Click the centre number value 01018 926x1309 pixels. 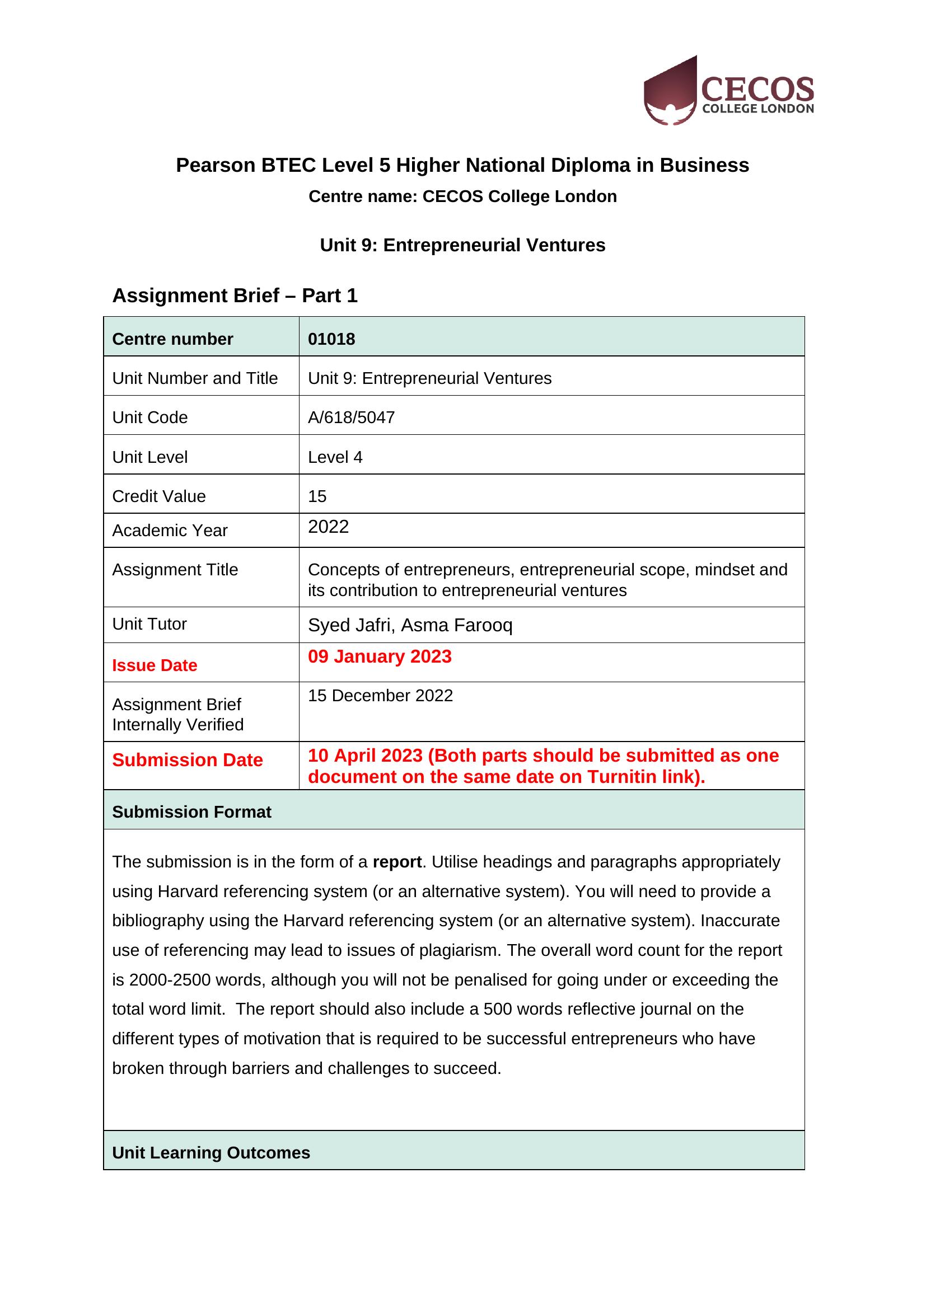[331, 339]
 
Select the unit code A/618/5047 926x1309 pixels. [350, 417]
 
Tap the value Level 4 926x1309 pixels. [335, 457]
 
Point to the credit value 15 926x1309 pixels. [317, 496]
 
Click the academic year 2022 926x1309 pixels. [328, 526]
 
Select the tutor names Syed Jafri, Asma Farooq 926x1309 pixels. [410, 625]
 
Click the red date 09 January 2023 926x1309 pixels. [379, 656]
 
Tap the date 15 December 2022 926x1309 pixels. [380, 696]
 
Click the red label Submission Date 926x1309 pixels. [187, 760]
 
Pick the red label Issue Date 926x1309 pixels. [155, 665]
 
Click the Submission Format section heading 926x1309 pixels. [191, 812]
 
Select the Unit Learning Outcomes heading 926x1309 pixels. [211, 1152]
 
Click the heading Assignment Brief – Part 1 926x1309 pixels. [235, 295]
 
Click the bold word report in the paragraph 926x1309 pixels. [397, 861]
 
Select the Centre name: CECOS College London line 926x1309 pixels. [462, 196]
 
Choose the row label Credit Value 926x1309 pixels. [158, 496]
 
